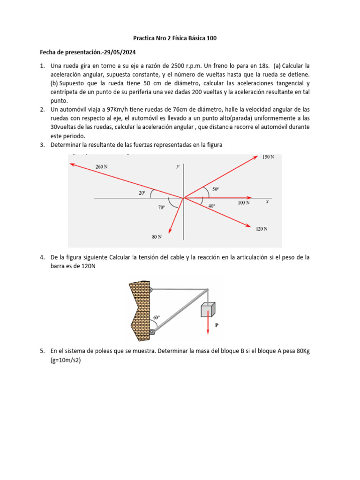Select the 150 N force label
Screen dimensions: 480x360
click(268, 157)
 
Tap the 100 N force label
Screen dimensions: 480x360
click(244, 202)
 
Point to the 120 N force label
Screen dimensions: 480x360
click(262, 229)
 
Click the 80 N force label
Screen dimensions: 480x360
click(157, 237)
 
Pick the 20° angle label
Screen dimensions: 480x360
click(142, 193)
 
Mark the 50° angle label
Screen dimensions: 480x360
click(215, 189)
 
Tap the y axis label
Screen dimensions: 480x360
click(178, 166)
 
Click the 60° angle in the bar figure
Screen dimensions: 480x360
click(157, 317)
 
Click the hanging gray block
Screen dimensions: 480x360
click(208, 310)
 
